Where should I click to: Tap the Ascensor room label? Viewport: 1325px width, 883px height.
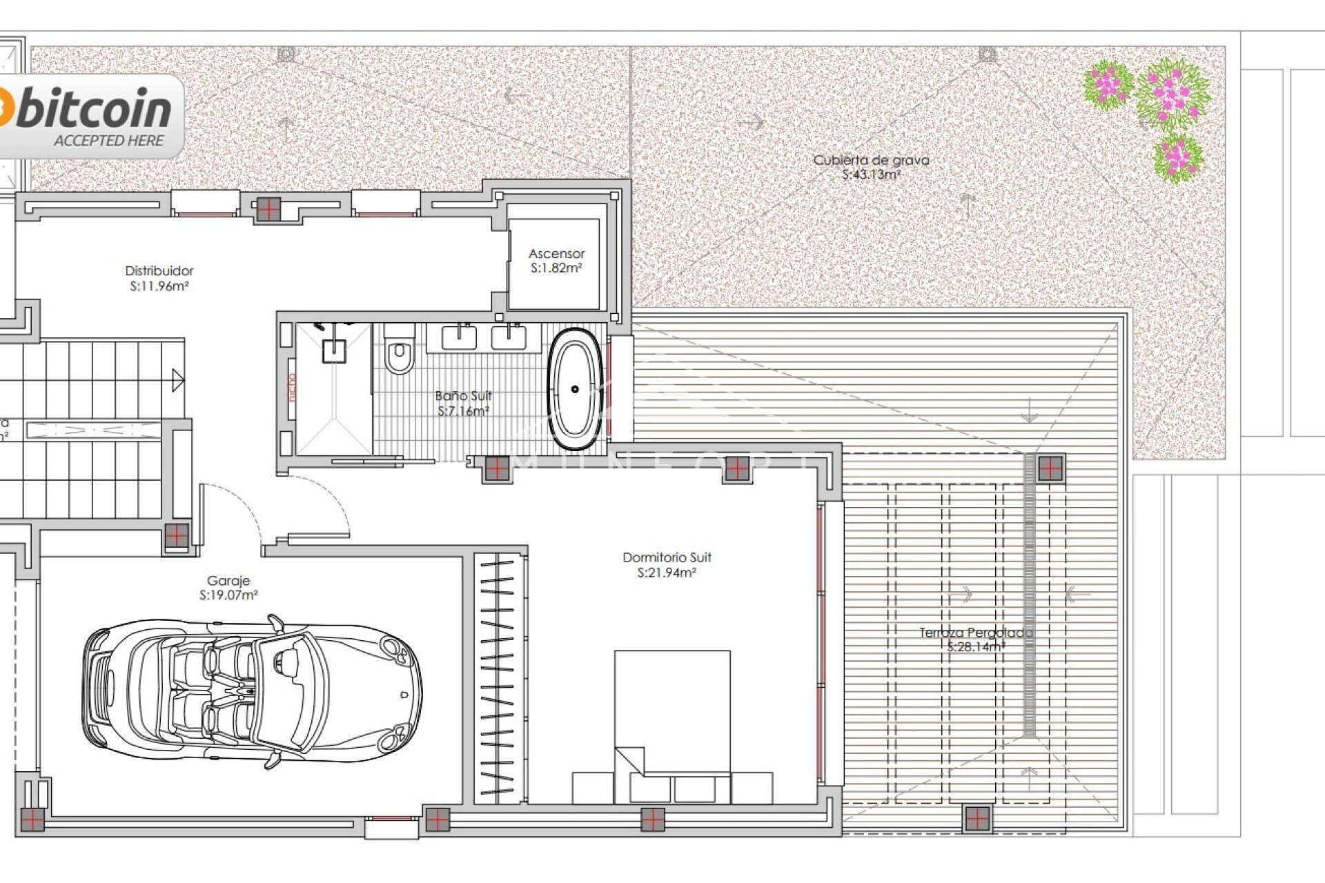556,254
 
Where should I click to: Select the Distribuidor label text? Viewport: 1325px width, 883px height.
159,271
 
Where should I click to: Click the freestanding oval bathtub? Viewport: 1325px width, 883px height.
574,389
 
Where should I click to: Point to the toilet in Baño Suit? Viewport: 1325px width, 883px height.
398,354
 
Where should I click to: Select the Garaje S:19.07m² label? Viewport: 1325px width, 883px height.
228,588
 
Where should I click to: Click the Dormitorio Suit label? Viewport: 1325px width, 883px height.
667,557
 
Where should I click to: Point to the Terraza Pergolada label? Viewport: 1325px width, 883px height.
975,633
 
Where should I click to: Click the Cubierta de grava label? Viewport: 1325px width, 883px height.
871,160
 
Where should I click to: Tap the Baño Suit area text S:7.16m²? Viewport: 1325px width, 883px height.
464,411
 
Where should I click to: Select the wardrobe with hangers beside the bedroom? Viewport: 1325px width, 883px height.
498,676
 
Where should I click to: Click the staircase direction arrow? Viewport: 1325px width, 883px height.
178,380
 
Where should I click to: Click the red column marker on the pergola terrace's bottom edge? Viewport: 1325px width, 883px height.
976,819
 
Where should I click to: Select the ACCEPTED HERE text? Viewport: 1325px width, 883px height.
108,141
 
